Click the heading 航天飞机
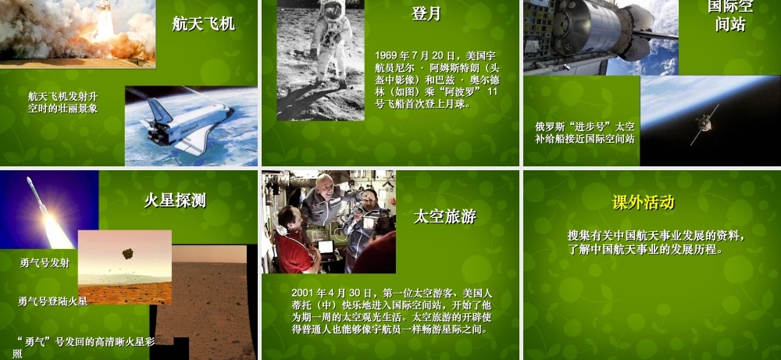[204, 23]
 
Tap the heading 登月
[426, 13]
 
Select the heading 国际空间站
[730, 16]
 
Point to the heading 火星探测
[175, 201]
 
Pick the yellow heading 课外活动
[644, 203]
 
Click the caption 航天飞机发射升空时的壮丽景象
[63, 102]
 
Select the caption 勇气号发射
[45, 263]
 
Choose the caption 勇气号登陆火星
[53, 301]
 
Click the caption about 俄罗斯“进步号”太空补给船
[585, 132]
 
